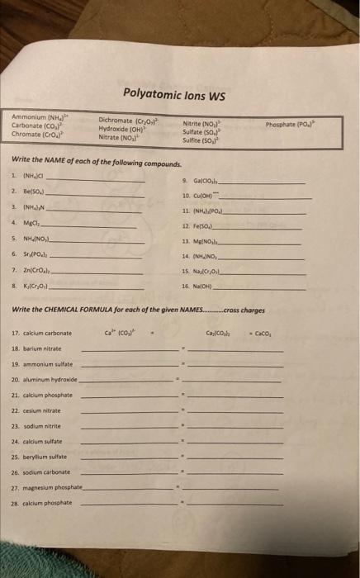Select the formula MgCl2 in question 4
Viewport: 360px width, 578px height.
pos(34,222)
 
